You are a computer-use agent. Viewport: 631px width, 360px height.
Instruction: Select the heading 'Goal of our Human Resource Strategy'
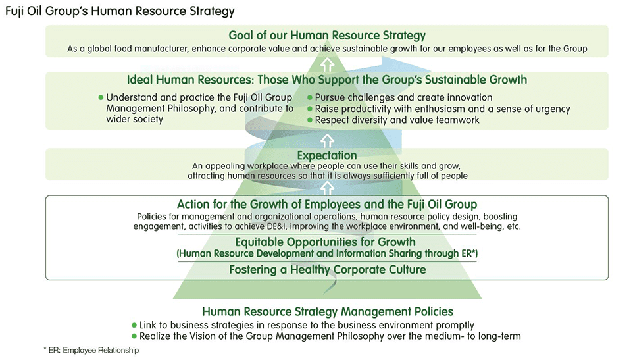(327, 36)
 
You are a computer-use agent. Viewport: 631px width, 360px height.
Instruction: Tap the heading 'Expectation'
(327, 155)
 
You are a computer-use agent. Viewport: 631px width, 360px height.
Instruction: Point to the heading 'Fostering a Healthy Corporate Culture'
(327, 269)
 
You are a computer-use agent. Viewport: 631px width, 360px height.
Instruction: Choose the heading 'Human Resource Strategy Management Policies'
(327, 311)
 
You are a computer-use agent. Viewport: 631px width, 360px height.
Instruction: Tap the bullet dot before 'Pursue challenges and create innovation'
(311, 98)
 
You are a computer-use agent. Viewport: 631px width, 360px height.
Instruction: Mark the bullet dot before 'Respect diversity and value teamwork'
(311, 120)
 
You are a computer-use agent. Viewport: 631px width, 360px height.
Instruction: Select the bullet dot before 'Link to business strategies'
(134, 325)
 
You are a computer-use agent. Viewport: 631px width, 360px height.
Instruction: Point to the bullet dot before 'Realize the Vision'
(134, 336)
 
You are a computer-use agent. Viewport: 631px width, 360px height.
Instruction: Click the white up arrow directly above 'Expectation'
(327, 140)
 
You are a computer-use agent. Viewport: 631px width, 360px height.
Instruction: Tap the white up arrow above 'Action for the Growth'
(327, 188)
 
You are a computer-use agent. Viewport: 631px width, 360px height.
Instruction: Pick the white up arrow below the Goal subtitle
(327, 64)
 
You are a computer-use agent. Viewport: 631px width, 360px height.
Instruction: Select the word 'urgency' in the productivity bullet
(551, 109)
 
